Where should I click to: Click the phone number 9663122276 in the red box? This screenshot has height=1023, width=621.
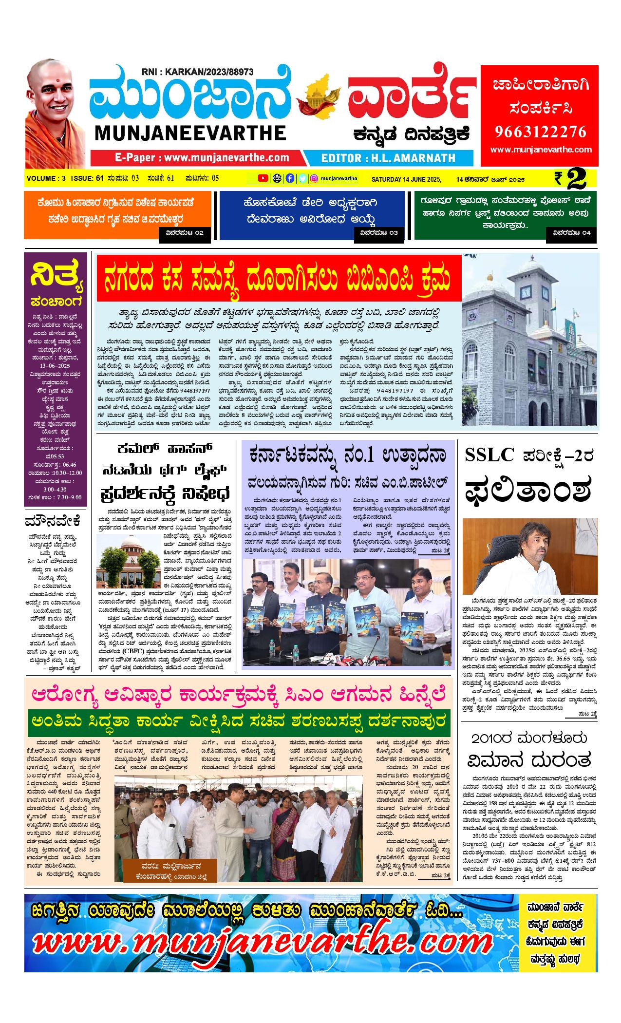[x=541, y=132]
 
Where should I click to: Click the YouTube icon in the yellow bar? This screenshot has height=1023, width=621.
[x=263, y=178]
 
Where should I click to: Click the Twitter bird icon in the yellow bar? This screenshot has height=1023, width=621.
[x=302, y=178]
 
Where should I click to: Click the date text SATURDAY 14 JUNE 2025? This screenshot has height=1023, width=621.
[x=406, y=179]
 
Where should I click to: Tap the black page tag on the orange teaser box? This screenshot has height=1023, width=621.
[x=185, y=233]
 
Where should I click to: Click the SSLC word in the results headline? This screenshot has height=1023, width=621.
[x=489, y=455]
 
